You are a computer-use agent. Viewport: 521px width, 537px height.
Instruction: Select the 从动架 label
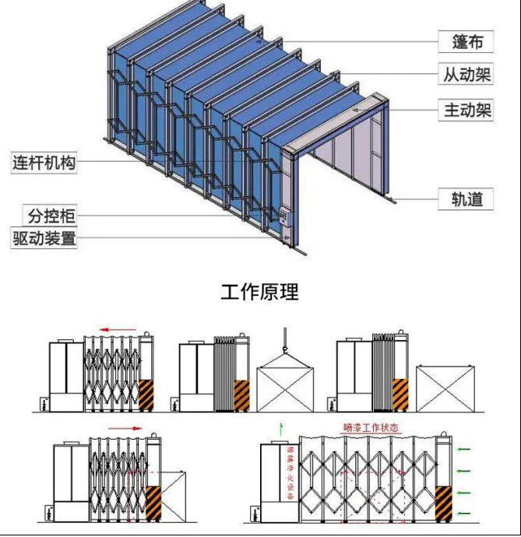coord(467,75)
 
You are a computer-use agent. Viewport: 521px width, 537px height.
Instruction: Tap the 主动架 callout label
coord(467,111)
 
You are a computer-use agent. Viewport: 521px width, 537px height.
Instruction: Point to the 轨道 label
coord(467,199)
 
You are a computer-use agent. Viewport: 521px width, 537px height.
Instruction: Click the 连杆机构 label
coord(44,163)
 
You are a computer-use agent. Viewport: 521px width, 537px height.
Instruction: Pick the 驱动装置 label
coord(44,238)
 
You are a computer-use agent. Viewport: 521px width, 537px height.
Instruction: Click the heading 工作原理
coord(260,293)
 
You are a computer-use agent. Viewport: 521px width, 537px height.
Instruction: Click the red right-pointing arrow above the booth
coord(125,427)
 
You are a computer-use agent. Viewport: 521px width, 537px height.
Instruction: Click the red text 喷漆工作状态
coord(371,428)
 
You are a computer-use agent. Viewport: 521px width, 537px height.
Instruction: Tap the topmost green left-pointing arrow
coord(464,449)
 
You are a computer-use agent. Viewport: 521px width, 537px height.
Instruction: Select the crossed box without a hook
coord(445,388)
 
